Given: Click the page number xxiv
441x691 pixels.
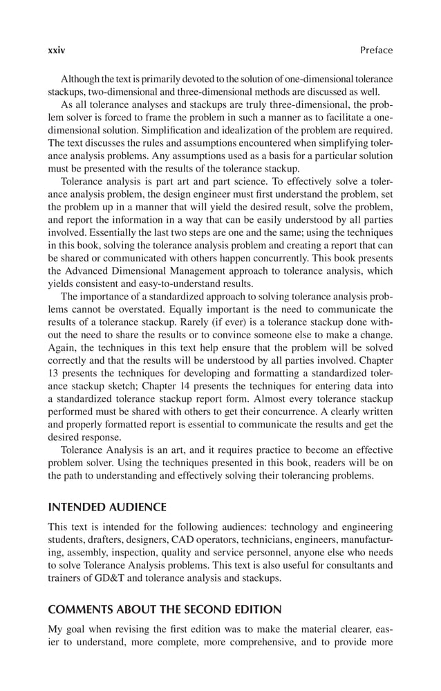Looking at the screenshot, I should [56, 50].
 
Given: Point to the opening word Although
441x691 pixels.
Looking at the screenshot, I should [83, 79].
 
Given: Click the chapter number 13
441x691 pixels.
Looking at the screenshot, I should [53, 374].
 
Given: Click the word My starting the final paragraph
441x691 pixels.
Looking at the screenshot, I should [55, 629].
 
